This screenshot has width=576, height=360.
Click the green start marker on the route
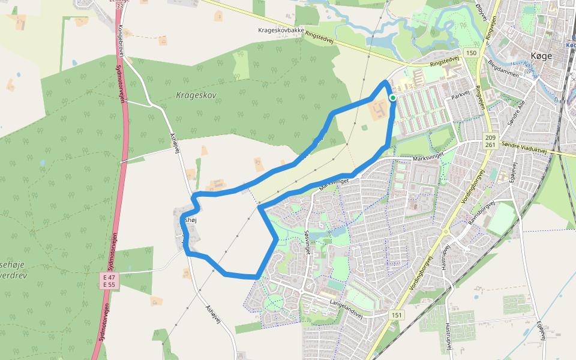(392, 97)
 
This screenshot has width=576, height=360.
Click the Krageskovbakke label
(281, 30)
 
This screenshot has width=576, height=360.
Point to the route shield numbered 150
(471, 53)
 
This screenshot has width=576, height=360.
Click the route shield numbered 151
(397, 315)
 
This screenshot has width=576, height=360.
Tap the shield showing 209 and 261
(491, 141)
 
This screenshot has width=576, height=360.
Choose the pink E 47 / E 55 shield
(109, 281)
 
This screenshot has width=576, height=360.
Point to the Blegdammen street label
(503, 70)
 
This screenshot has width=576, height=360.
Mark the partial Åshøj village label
(190, 221)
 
